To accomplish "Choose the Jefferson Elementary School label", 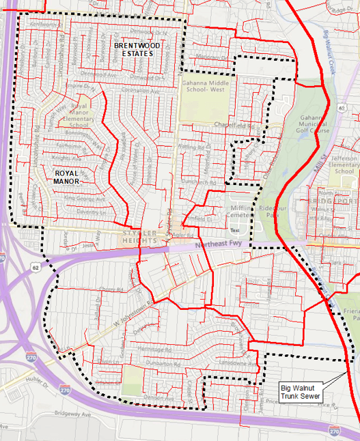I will [341, 163].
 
